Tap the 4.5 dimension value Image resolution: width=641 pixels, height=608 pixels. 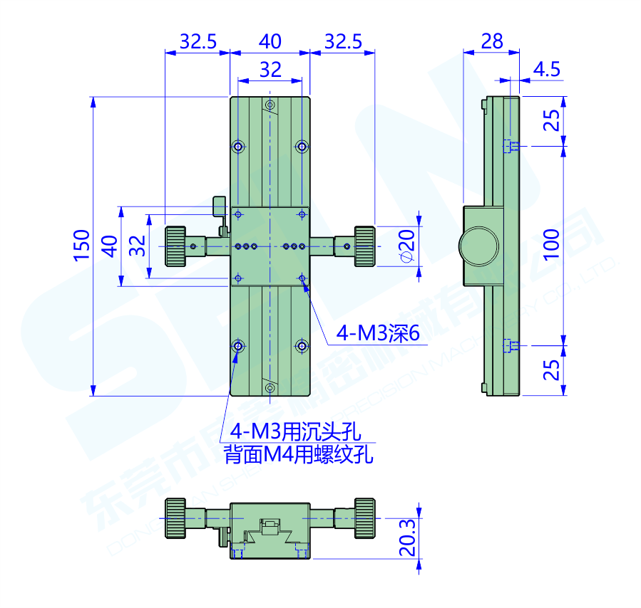tap(546, 69)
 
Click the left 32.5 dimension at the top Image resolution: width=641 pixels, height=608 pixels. tap(198, 41)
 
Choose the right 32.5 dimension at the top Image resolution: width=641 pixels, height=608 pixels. tap(343, 41)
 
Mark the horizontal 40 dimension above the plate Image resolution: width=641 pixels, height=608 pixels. tap(270, 41)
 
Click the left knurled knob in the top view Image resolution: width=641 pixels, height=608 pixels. tap(176, 246)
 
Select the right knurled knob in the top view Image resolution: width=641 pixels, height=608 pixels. tap(364, 246)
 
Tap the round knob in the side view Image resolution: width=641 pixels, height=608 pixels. tap(479, 246)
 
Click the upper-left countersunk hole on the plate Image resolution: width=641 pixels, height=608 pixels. tap(238, 147)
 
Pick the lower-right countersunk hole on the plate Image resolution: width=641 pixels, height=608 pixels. tap(302, 346)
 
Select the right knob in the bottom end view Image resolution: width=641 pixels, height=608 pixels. tap(364, 518)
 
